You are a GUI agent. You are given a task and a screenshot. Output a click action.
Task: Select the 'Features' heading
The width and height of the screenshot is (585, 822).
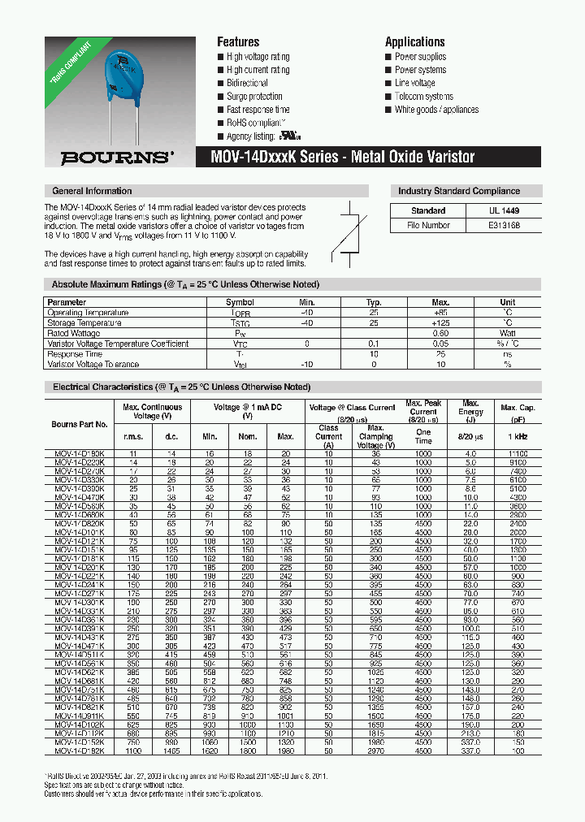coord(238,42)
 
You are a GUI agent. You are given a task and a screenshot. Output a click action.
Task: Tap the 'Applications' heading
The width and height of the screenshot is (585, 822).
coord(414,42)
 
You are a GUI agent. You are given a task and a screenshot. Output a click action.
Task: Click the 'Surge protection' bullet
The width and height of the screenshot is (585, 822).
coord(254,97)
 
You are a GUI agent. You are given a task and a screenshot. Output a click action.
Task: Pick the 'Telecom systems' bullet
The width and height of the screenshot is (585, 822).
coord(423,97)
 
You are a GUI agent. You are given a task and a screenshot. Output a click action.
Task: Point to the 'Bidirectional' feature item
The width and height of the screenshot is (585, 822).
coord(247,84)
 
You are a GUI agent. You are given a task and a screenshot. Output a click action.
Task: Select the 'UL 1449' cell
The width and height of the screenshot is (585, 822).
coord(505,210)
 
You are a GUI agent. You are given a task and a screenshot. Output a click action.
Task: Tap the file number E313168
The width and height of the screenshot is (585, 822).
coord(505,225)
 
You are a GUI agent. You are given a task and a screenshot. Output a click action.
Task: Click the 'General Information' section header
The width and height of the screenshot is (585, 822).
coord(91,191)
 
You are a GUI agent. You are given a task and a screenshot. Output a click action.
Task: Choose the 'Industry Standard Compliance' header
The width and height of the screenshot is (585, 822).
coord(458,191)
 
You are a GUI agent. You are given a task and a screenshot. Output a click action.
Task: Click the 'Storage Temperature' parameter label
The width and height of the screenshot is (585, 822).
coord(86,322)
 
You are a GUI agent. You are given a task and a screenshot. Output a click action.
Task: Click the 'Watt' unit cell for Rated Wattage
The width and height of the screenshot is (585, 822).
coord(507,333)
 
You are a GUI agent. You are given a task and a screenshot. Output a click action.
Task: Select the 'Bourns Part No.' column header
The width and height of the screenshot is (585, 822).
coord(80,424)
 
